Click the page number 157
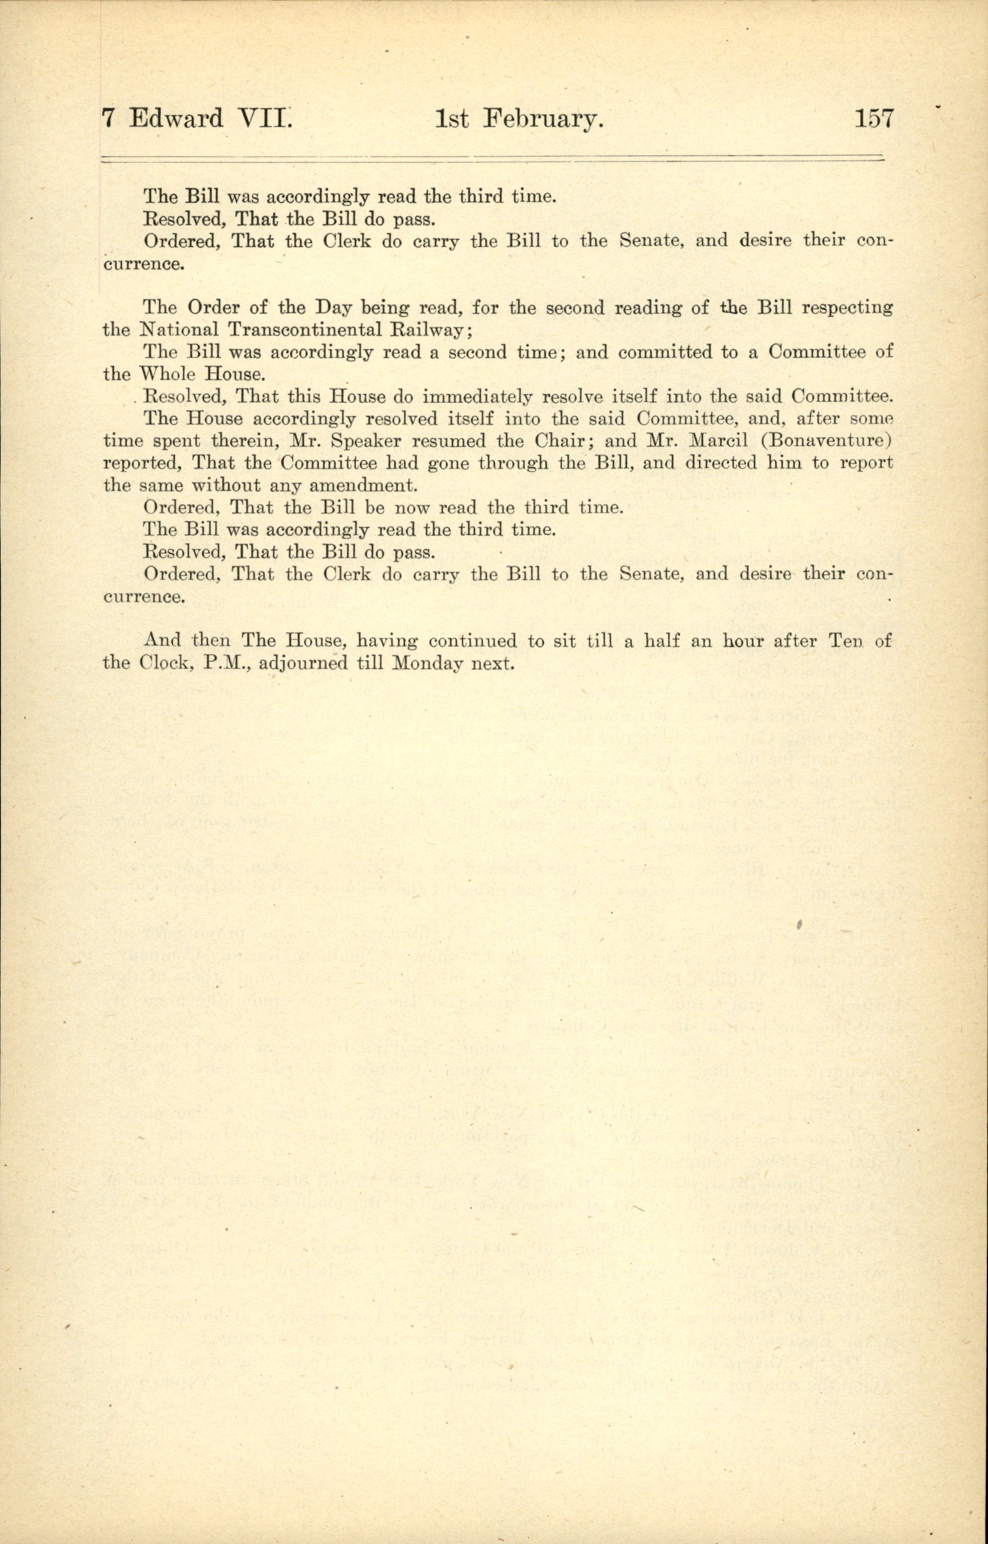pyautogui.click(x=873, y=119)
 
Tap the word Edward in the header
pyautogui.click(x=176, y=119)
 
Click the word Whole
pyautogui.click(x=169, y=374)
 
